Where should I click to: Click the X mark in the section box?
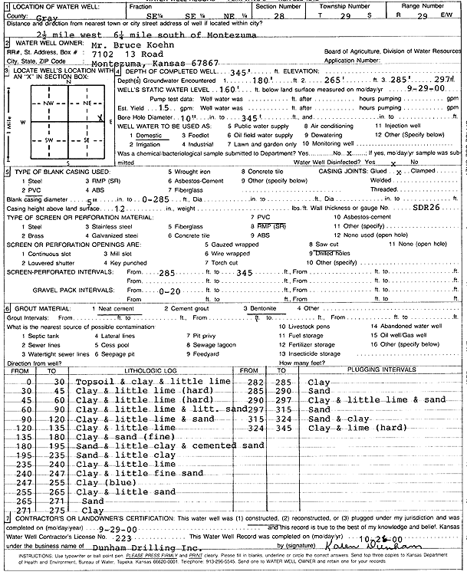click(100, 117)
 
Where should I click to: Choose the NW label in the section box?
click(48, 102)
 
